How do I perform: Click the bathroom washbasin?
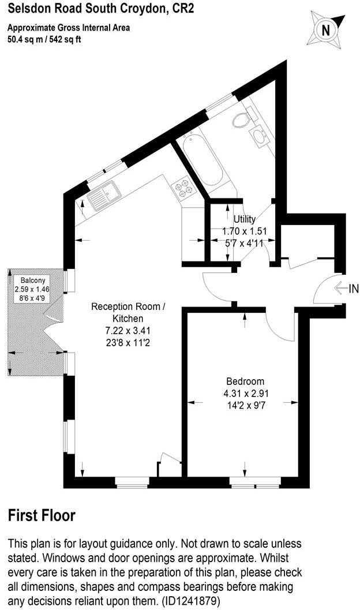tap(258, 136)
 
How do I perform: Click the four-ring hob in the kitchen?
tap(187, 188)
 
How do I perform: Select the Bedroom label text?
tap(245, 381)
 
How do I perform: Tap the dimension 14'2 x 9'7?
tap(245, 405)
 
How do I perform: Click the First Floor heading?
tap(42, 515)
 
